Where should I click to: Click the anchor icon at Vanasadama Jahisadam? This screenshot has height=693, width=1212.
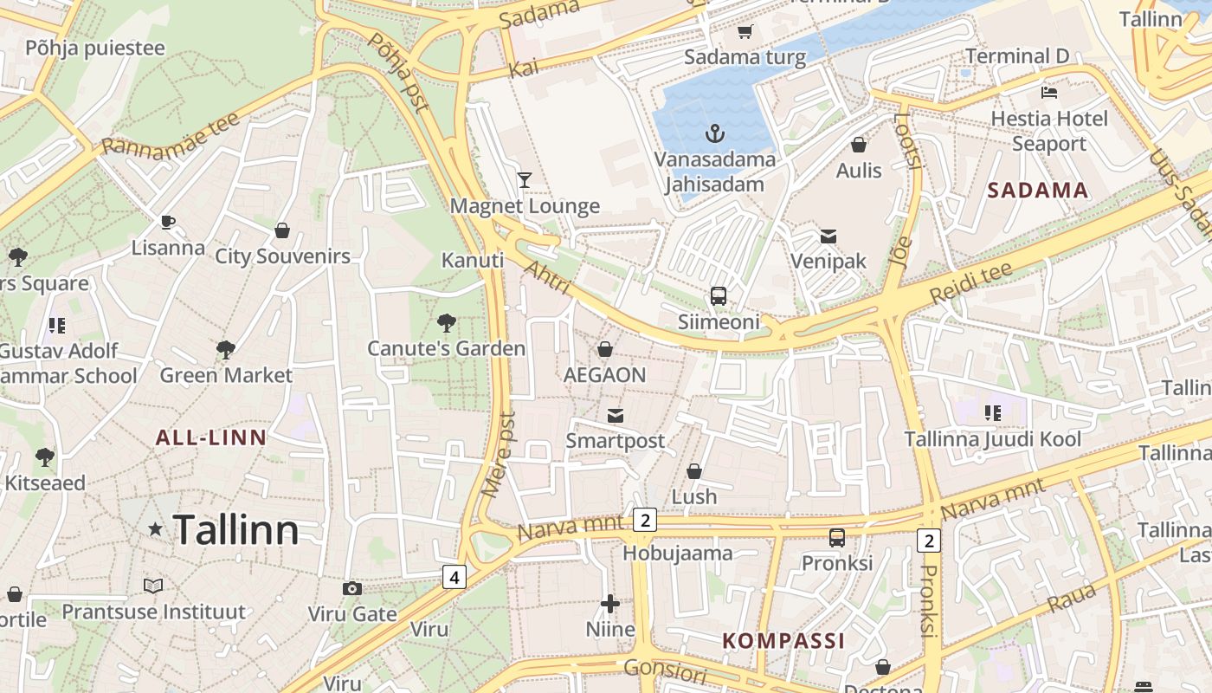[714, 133]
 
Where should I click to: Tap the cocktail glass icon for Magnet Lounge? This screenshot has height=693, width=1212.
[524, 180]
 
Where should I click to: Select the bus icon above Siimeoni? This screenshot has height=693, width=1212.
[718, 296]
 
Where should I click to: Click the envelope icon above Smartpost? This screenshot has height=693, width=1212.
[615, 416]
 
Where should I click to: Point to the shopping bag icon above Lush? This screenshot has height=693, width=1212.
[693, 471]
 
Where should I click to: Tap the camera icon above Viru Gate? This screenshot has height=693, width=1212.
[351, 589]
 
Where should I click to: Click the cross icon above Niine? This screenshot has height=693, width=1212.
[610, 604]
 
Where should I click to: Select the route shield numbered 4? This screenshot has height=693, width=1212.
[455, 576]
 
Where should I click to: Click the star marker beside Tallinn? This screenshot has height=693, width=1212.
[156, 528]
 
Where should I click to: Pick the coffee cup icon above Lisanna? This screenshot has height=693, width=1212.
[168, 223]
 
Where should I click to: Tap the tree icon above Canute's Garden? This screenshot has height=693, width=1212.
[447, 323]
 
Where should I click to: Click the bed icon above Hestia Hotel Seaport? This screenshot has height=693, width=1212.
[1048, 92]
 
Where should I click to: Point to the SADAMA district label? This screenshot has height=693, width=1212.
[1037, 191]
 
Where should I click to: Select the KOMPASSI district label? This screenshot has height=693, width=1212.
[783, 641]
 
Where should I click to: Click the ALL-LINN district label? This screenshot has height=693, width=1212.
[210, 437]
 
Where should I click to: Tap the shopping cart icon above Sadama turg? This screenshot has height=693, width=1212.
[745, 32]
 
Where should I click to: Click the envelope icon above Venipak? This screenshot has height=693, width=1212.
[828, 236]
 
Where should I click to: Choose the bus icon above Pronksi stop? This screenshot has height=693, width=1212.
[836, 537]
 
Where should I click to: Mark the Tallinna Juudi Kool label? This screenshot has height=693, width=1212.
[992, 439]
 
